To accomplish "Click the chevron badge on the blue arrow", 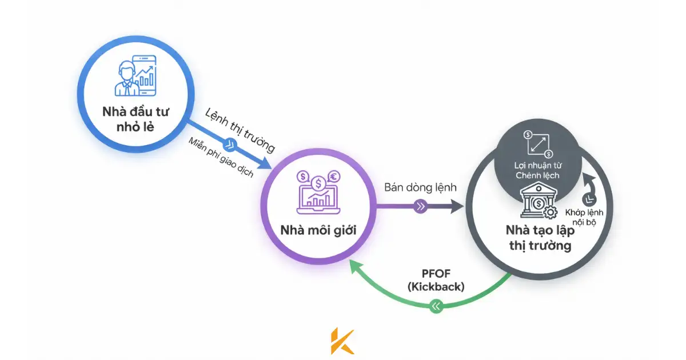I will tap(232, 143).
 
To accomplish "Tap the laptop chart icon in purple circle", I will tap(318, 189).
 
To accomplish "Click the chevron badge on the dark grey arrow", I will tap(421, 207).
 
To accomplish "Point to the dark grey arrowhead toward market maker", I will tap(457, 207).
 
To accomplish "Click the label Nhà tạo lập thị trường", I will tap(538, 238).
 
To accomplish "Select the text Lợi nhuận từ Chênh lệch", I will tap(537, 170).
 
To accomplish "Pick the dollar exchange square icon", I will tap(537, 143).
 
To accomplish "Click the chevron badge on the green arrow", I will tap(437, 307).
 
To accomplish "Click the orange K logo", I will tap(342, 342).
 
